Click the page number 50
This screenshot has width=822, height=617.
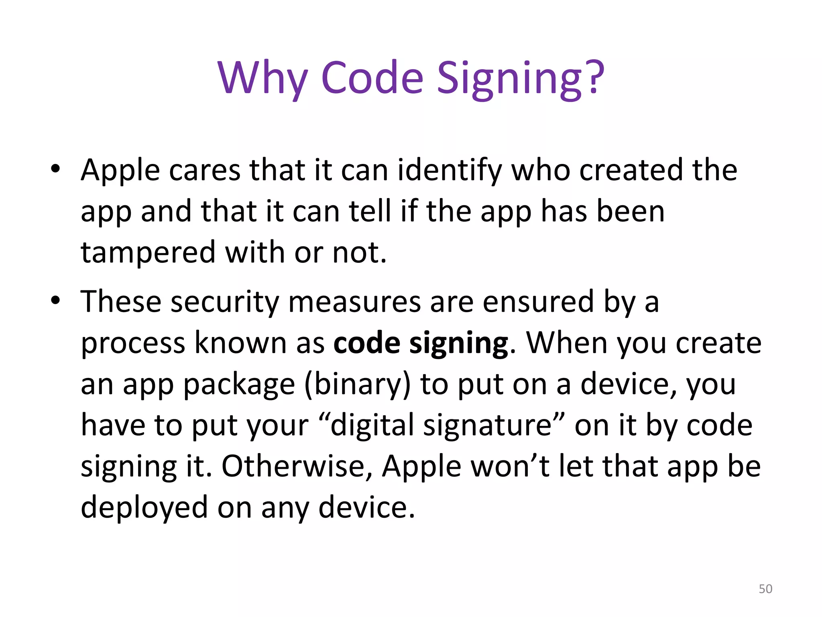point(765,589)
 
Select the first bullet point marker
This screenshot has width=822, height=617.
point(55,169)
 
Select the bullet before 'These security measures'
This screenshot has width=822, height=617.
point(55,300)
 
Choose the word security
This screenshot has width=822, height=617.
point(225,302)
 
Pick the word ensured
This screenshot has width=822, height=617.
point(538,302)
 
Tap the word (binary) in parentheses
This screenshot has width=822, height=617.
point(358,385)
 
